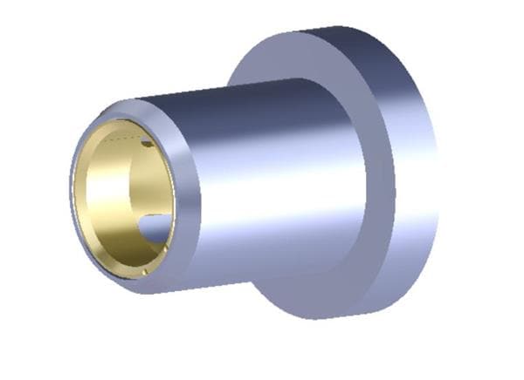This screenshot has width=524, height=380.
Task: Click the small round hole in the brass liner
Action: coord(147,142)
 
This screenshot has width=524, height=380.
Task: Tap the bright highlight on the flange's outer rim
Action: coord(410,174)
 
